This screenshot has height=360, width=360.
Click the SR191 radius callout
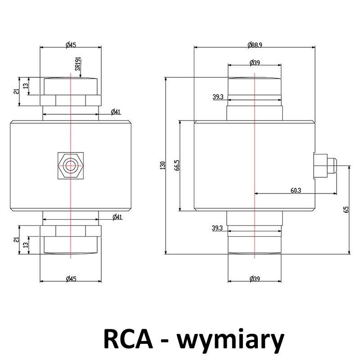tap(77, 64)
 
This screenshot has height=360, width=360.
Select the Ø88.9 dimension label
tap(255, 45)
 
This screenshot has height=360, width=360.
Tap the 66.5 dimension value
tap(177, 165)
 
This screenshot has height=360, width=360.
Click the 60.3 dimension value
tap(296, 190)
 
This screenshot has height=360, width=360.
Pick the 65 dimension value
tap(346, 210)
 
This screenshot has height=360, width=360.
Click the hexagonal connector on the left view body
tap(70, 166)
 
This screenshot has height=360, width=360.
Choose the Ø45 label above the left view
tap(70, 45)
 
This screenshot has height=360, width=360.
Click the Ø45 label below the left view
tap(70, 279)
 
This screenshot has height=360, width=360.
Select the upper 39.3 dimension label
tap(218, 97)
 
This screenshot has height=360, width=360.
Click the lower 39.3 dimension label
tap(217, 228)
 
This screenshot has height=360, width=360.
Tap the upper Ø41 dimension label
tap(116, 112)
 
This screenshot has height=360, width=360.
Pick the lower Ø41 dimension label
tap(116, 217)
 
